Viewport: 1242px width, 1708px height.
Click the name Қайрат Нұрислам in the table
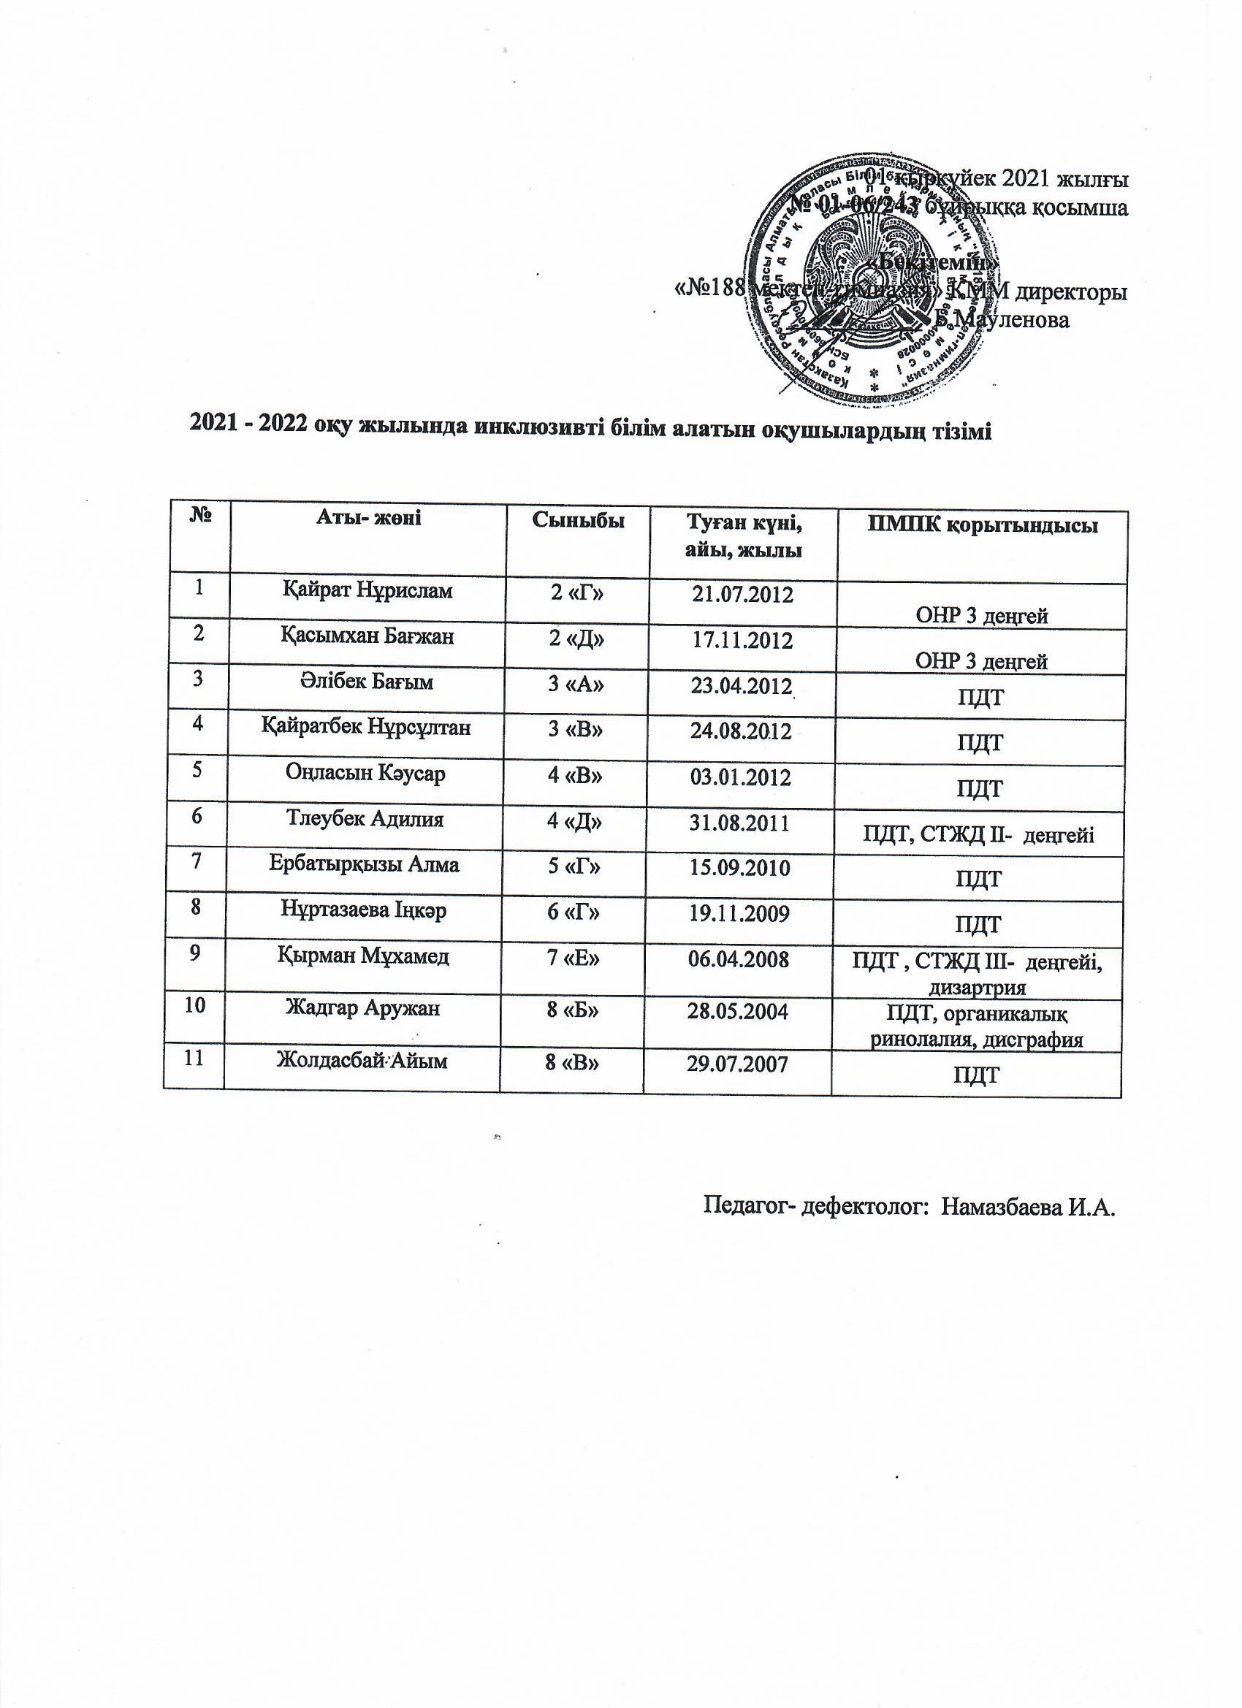coord(367,591)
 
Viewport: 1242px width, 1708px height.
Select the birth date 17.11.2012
coord(742,640)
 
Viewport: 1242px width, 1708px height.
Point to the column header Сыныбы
coord(579,519)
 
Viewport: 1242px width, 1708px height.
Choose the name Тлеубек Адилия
coord(365,819)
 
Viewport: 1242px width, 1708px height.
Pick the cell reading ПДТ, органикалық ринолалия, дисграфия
coord(977,1027)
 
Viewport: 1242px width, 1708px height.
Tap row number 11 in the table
coord(194,1058)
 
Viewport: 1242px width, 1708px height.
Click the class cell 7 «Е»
coord(576,958)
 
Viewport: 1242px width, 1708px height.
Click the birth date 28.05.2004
coord(738,1010)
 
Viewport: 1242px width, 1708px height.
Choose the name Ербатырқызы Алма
coord(365,864)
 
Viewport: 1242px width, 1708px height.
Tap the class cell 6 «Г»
coord(575,912)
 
